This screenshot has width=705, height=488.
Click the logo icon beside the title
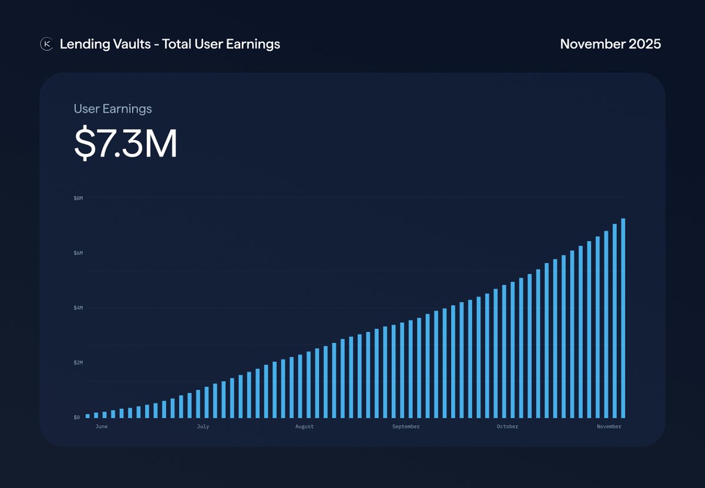point(46,44)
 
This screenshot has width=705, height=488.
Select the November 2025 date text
point(610,44)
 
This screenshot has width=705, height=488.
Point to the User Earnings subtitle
point(113,109)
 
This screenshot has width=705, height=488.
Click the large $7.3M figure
point(126,144)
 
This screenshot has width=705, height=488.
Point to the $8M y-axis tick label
point(78,198)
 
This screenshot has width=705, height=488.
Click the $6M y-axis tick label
point(78,253)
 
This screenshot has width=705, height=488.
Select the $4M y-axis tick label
point(78,308)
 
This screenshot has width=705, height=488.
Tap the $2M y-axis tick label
point(78,363)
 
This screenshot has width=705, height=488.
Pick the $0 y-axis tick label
point(76,418)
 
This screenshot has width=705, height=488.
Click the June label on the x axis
point(101,427)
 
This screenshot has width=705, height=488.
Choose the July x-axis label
point(203,427)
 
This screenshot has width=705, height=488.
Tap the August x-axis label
point(304,427)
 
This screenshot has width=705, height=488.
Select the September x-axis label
point(406,427)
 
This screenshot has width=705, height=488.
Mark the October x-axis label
point(508,427)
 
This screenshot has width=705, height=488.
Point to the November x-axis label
point(609,427)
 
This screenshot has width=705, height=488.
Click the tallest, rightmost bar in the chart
point(623,318)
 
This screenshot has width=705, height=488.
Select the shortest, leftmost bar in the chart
point(88,416)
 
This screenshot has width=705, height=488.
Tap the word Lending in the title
point(80,44)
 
